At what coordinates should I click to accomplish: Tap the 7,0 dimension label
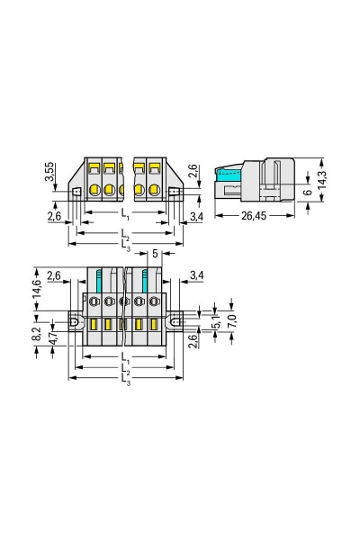pos(231,319)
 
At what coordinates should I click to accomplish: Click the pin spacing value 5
pos(155,255)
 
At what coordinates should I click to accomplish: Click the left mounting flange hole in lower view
pos(77,323)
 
